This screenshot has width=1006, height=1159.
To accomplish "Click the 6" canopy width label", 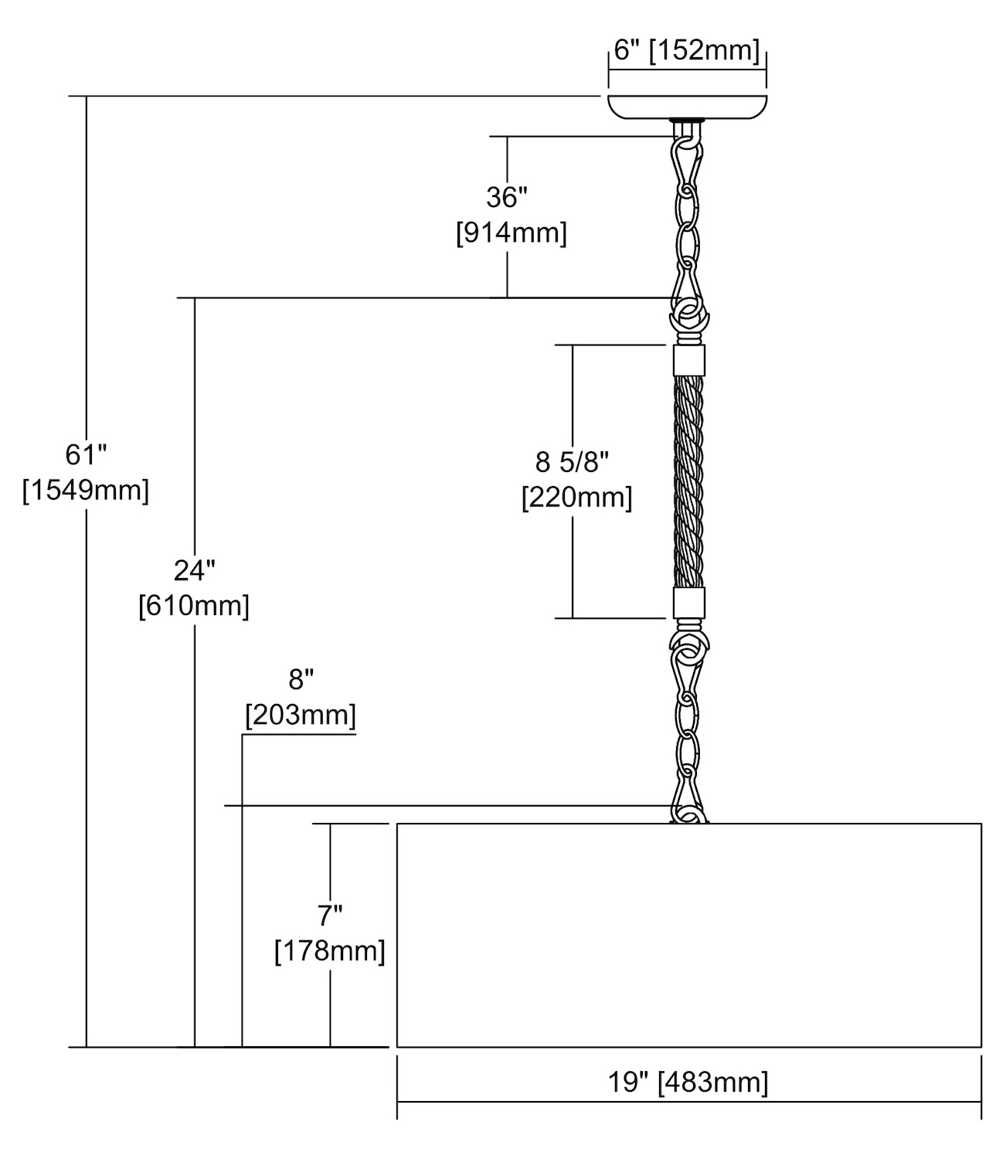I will click(x=624, y=51).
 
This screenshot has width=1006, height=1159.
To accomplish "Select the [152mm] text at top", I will click(x=703, y=51).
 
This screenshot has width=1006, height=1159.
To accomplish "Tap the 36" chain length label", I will click(x=506, y=198).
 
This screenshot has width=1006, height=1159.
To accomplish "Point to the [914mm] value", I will click(x=511, y=233).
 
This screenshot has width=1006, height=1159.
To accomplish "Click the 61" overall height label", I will click(x=85, y=455).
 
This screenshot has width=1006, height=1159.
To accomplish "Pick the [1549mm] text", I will click(x=86, y=490).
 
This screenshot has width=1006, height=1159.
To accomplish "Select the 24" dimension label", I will click(x=194, y=571).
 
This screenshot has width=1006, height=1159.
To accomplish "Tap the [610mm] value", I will click(x=194, y=606).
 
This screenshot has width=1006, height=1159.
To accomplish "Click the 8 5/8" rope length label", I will click(x=573, y=462).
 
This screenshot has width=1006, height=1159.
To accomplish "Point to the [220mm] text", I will click(x=577, y=497).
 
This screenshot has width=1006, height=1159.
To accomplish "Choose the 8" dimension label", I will click(x=301, y=680).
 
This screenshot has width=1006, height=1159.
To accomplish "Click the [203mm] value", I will click(x=301, y=715).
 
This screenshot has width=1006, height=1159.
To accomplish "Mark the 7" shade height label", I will click(x=330, y=916).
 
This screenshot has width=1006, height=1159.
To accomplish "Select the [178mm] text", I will click(x=330, y=950).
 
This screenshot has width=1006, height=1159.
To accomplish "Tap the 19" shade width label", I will click(x=627, y=1083).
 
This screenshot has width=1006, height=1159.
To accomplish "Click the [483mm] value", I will click(x=712, y=1083).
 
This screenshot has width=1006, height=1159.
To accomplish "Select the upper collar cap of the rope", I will click(x=689, y=359).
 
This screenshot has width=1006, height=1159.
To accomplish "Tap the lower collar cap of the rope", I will click(x=689, y=603).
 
